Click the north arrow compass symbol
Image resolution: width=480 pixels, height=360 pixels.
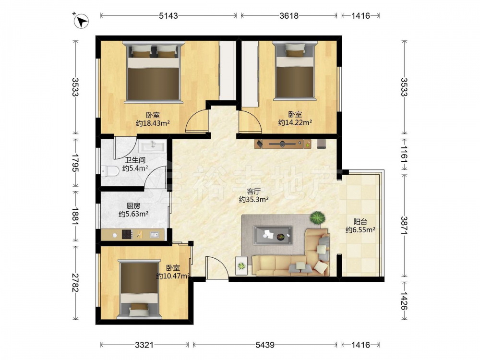[x=81, y=21]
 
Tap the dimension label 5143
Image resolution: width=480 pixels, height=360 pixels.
[x=168, y=16]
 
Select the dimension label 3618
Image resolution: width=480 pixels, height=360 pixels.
[x=289, y=16]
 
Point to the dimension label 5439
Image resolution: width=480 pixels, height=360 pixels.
[x=265, y=345]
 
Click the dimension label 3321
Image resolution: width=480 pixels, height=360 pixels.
[x=144, y=345]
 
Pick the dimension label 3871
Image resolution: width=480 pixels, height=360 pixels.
[x=404, y=226]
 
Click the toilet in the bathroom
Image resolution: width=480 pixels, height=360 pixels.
[x=110, y=171]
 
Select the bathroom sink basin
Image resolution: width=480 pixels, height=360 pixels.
[x=153, y=146]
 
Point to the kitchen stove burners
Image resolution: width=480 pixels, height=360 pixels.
[x=127, y=235]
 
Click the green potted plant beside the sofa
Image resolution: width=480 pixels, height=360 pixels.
[x=318, y=218]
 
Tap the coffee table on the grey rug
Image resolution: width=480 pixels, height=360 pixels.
[x=273, y=235]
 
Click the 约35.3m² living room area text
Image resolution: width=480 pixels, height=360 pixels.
[x=254, y=200]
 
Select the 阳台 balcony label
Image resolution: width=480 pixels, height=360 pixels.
[x=360, y=222]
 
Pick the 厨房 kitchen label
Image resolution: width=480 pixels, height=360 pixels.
[x=133, y=206]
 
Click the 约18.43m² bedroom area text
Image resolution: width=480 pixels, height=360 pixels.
[x=153, y=123]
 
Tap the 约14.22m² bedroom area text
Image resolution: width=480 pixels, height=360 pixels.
[x=295, y=123]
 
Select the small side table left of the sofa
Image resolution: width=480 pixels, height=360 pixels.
[x=241, y=266]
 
